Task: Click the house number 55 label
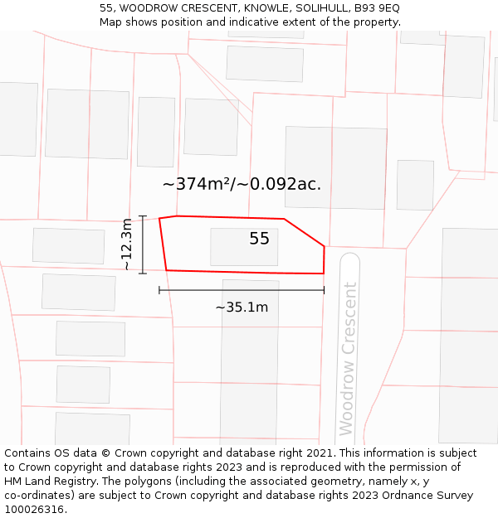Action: click(x=259, y=239)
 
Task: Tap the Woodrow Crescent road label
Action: click(x=349, y=358)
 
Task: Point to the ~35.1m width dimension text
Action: click(x=242, y=307)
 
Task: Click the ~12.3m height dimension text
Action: click(x=126, y=244)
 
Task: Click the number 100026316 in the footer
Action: click(x=33, y=509)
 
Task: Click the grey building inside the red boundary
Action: click(x=243, y=247)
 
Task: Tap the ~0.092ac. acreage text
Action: click(x=279, y=184)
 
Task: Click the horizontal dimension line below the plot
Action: click(x=242, y=290)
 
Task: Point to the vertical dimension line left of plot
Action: click(x=143, y=244)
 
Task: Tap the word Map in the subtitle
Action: click(x=110, y=22)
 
